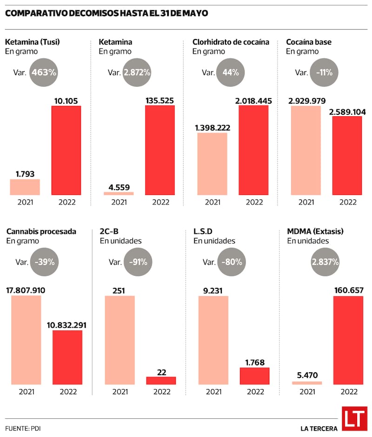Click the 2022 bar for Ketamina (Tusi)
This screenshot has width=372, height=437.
click(66, 150)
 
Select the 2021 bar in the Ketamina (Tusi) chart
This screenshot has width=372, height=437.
click(25, 187)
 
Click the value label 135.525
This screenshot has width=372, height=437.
click(160, 99)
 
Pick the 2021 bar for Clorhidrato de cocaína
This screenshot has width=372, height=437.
click(213, 164)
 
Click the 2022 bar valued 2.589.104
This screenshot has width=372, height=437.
click(347, 155)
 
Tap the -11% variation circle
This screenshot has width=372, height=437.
click(324, 72)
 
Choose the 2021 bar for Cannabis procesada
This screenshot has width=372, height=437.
click(26, 340)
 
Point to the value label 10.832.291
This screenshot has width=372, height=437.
click(67, 324)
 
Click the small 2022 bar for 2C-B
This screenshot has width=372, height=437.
click(161, 380)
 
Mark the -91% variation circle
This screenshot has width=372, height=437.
click(137, 262)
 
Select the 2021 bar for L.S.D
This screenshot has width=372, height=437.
click(213, 340)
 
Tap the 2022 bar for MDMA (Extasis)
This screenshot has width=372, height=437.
click(348, 340)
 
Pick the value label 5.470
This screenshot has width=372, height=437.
click(306, 376)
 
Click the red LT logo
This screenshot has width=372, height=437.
click(354, 419)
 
